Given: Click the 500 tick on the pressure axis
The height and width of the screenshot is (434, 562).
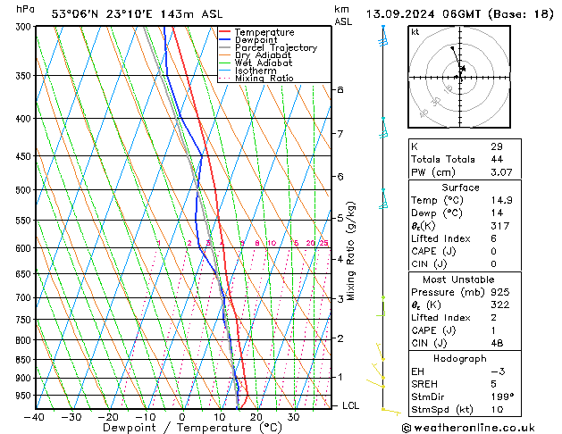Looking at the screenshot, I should click(23, 190).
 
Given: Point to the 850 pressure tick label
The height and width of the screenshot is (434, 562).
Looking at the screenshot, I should click(23, 360).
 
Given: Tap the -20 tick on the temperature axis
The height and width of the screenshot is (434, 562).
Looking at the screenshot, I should click(108, 417).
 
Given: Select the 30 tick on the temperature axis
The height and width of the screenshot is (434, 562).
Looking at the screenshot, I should click(293, 417).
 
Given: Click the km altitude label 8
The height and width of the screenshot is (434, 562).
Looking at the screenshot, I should click(340, 90).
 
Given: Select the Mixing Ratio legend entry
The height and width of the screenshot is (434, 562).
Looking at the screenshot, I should click(264, 79).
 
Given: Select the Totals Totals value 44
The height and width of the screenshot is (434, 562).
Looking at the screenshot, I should click(496, 159).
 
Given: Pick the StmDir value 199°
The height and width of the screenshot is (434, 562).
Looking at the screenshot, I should click(501, 396).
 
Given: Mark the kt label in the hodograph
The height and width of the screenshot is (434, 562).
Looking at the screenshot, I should click(415, 33).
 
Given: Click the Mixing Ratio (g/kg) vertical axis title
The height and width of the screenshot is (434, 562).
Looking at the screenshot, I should click(352, 251).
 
